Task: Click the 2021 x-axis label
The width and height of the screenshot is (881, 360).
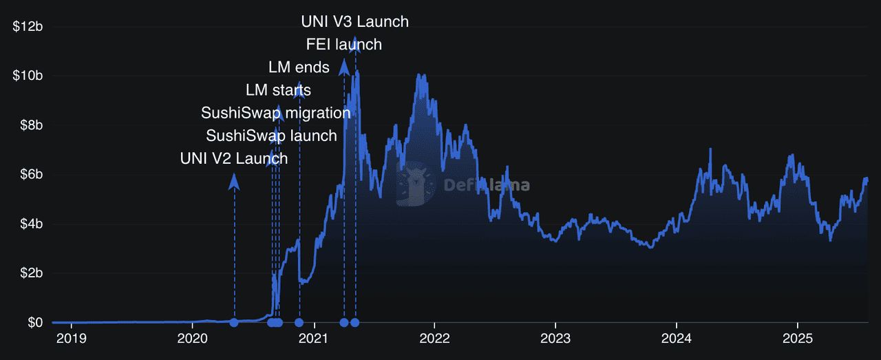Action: click(314, 339)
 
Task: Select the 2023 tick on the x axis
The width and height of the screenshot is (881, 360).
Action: click(555, 339)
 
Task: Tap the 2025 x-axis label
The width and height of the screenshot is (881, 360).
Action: click(797, 339)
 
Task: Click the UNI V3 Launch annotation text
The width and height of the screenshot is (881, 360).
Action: click(354, 22)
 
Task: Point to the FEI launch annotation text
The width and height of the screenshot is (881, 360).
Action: click(343, 45)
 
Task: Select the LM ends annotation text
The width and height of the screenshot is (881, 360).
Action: click(299, 67)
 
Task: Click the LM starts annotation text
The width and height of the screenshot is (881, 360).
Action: click(278, 90)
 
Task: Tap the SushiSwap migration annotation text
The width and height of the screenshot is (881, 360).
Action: click(275, 113)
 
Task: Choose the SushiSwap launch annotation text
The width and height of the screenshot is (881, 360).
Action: click(271, 136)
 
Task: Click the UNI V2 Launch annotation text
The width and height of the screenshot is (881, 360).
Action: click(233, 158)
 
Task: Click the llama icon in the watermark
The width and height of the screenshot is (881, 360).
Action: click(415, 184)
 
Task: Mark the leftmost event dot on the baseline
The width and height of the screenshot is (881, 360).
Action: click(234, 323)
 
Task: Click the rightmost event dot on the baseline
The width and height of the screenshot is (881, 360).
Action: click(354, 323)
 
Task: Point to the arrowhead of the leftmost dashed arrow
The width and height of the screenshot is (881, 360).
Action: click(234, 180)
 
